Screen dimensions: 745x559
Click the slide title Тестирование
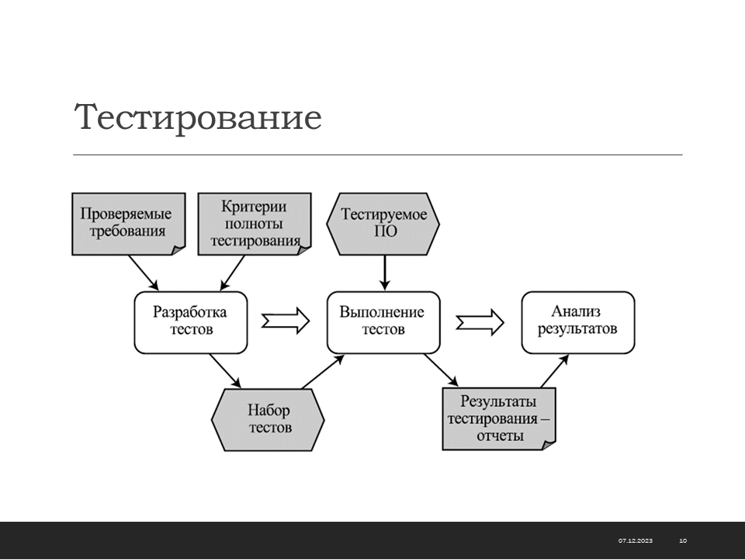198,117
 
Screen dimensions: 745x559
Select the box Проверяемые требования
129,224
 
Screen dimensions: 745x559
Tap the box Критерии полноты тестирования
255,224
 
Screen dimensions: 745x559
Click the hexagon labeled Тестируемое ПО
383,224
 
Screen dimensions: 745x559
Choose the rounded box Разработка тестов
191,322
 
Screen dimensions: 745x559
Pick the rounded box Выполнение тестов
383,322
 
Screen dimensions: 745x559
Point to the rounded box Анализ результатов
578,322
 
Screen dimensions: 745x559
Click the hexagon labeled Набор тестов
268,420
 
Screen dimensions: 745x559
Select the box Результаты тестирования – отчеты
499,418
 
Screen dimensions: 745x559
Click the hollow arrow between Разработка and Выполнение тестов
286,321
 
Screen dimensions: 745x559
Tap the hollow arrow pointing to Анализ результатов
480,322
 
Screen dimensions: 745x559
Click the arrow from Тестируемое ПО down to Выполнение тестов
385,273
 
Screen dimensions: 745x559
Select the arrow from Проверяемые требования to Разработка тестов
144,273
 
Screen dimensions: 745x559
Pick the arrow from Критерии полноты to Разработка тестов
232,273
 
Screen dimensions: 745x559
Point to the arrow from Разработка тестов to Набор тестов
225,371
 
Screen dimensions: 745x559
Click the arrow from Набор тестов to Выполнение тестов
323,372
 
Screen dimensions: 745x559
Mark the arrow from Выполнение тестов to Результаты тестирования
441,370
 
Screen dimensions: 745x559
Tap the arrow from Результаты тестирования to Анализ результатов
554,371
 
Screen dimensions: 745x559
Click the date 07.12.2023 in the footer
636,540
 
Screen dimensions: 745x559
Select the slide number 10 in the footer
683,540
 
